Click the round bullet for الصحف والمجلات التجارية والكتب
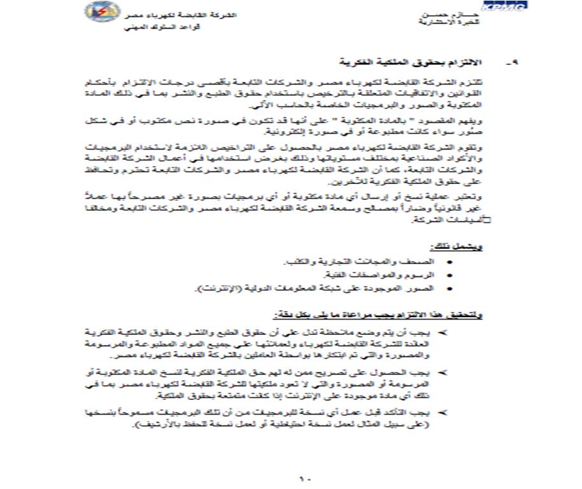(451, 262)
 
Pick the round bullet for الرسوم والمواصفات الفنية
(451, 276)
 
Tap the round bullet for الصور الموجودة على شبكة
(451, 289)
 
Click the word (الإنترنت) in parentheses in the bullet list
(218, 289)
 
